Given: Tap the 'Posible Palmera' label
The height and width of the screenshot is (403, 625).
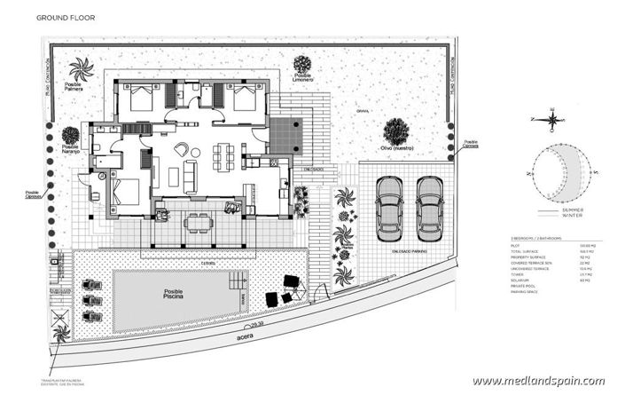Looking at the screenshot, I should [77, 88].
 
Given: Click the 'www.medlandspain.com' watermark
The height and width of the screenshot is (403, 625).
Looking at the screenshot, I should [538, 381].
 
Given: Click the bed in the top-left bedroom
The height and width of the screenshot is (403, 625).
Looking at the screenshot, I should [141, 97].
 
